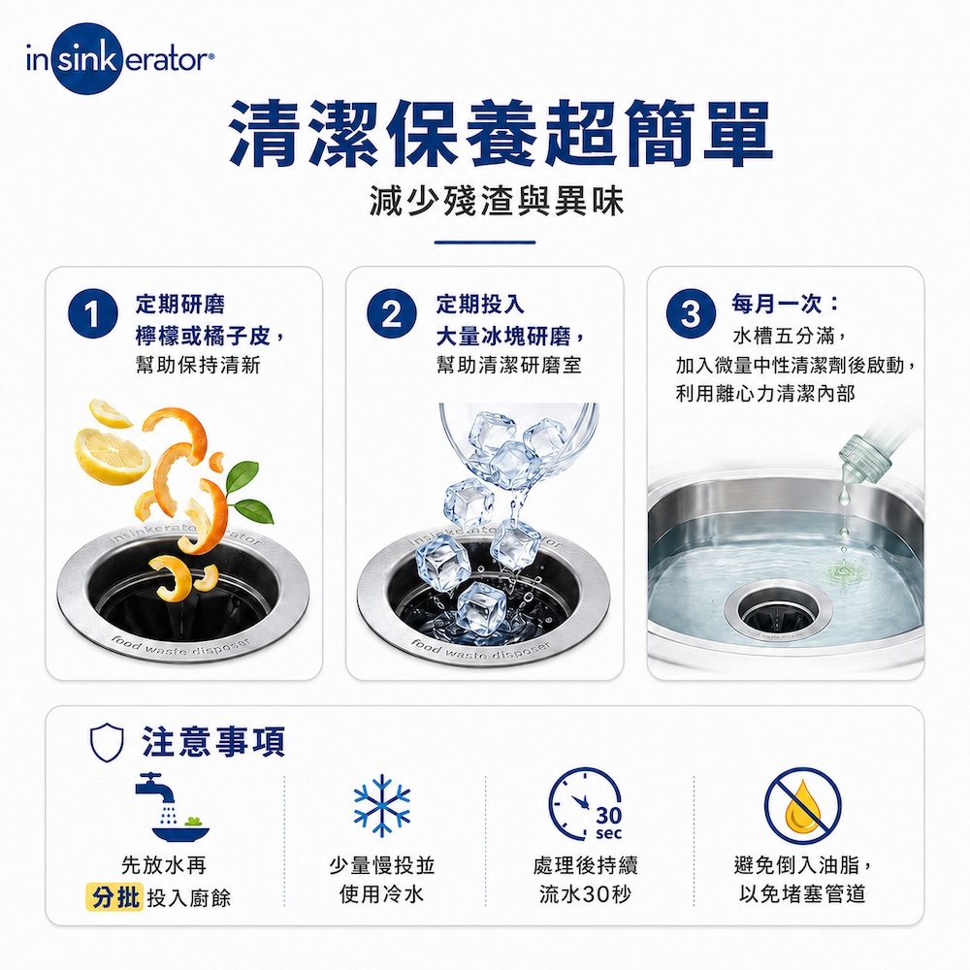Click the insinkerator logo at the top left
pyautogui.click(x=120, y=59)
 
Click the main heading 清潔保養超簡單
pyautogui.click(x=501, y=134)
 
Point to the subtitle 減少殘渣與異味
pyautogui.click(x=497, y=201)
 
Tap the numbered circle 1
pyautogui.click(x=93, y=313)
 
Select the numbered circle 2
pyautogui.click(x=391, y=313)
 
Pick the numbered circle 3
pyautogui.click(x=691, y=313)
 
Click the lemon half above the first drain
pyautogui.click(x=112, y=457)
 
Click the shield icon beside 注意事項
pyautogui.click(x=107, y=742)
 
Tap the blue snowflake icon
pyautogui.click(x=382, y=805)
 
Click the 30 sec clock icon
pyautogui.click(x=585, y=805)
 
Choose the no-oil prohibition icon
pyautogui.click(x=803, y=805)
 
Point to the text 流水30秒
pyautogui.click(x=585, y=894)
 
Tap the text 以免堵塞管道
pyautogui.click(x=802, y=894)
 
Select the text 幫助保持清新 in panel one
pyautogui.click(x=198, y=365)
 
